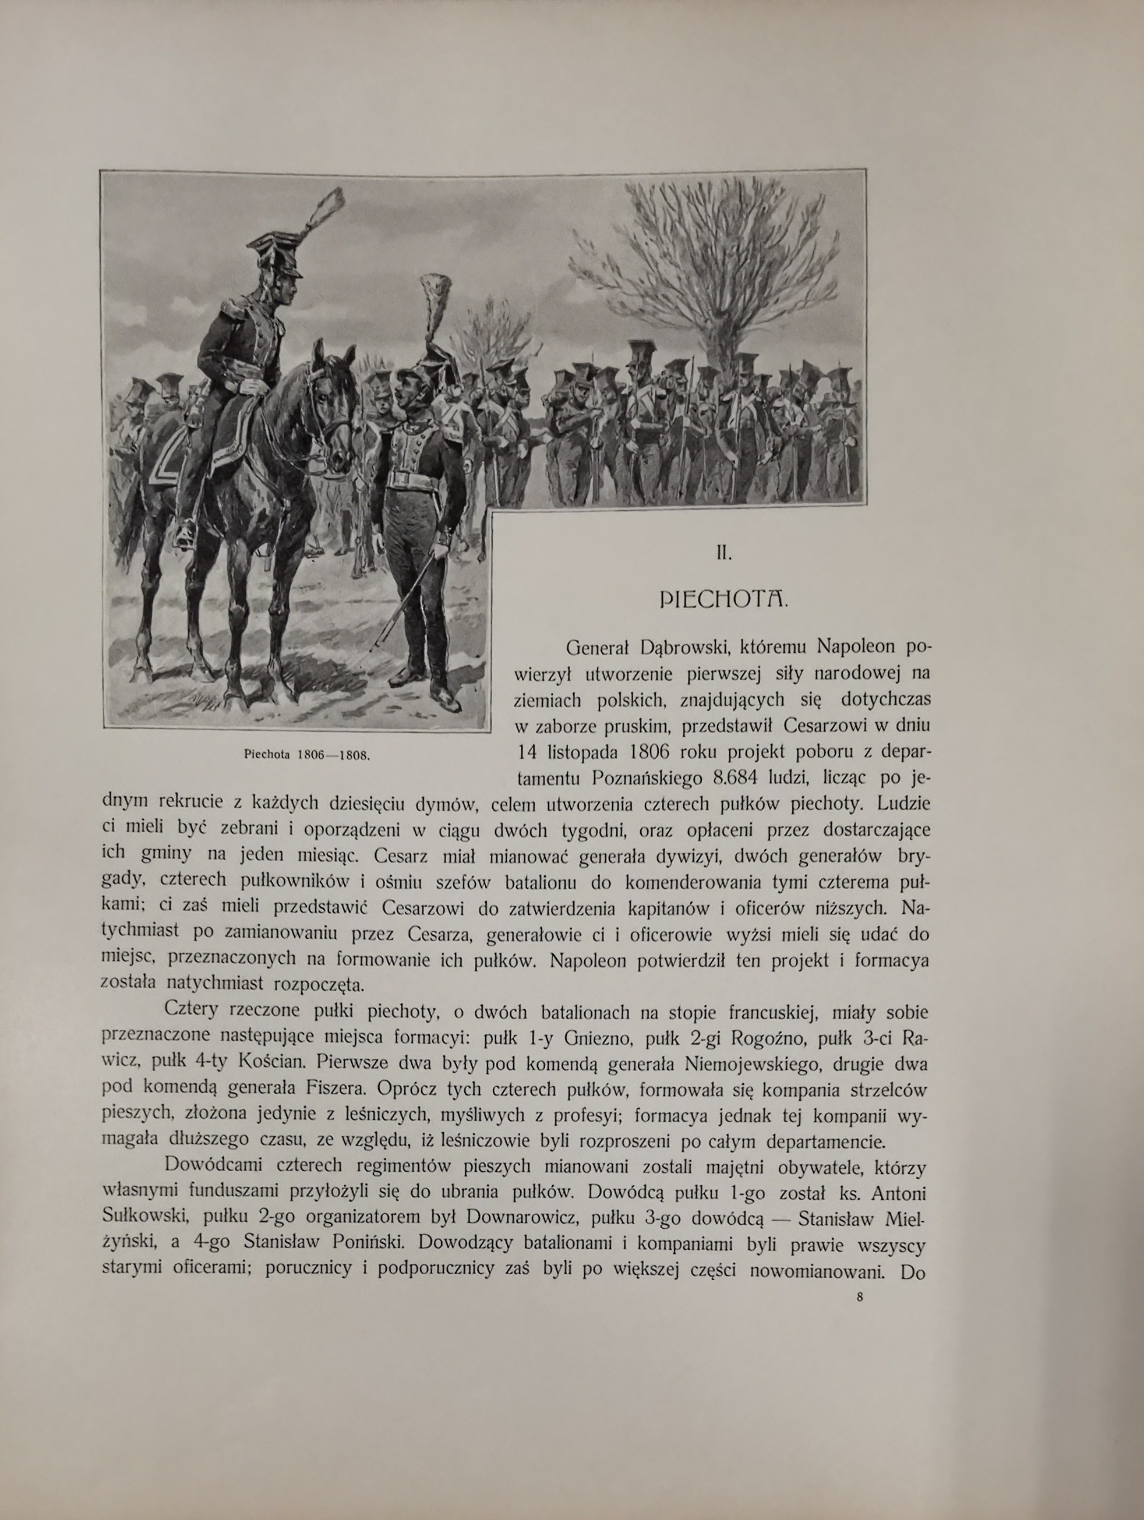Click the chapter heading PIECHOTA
[723, 600]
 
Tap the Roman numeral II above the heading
[723, 554]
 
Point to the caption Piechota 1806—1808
[307, 754]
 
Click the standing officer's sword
[405, 605]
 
